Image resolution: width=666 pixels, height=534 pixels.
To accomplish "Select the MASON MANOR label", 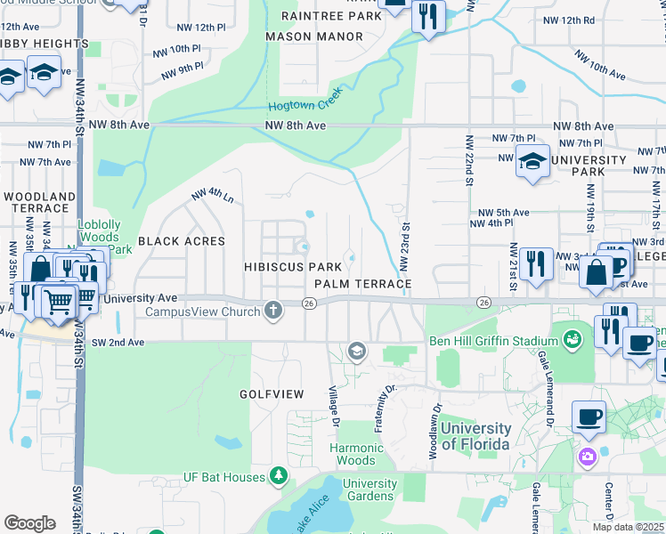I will pyautogui.click(x=314, y=36).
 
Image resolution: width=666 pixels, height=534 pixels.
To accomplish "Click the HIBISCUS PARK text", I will pyautogui.click(x=293, y=267).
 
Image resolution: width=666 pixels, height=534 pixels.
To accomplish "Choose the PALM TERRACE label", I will pyautogui.click(x=363, y=284).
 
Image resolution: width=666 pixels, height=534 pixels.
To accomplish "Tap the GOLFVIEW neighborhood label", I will pyautogui.click(x=272, y=393).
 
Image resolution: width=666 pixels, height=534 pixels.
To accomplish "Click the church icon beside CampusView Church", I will pyautogui.click(x=273, y=311).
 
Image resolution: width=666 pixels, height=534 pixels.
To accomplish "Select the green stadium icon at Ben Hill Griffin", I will pyautogui.click(x=572, y=339).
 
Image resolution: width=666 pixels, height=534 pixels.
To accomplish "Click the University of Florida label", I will pyautogui.click(x=476, y=436).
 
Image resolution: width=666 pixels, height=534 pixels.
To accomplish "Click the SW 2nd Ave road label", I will pyautogui.click(x=120, y=341).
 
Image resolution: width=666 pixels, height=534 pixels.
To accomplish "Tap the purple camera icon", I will pyautogui.click(x=587, y=457).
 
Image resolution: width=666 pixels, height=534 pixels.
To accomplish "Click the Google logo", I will pyautogui.click(x=29, y=522).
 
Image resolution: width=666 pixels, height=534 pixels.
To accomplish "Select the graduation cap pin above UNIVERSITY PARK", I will pyautogui.click(x=532, y=163).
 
